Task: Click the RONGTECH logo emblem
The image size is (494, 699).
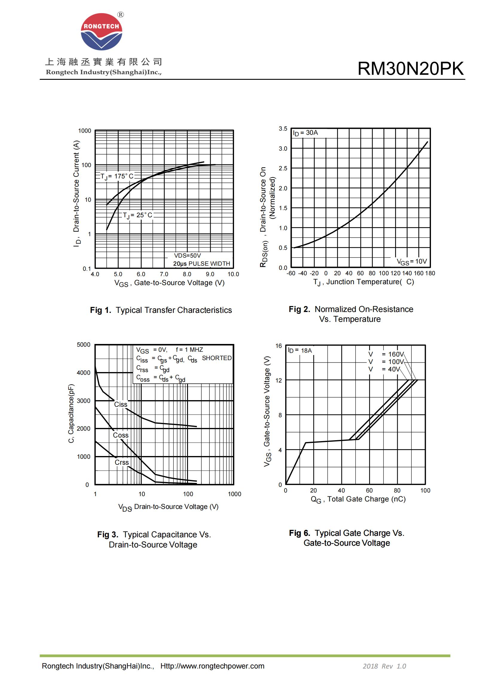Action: coord(101,32)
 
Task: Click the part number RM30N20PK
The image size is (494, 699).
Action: coord(410,68)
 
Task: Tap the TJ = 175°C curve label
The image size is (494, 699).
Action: coord(117,177)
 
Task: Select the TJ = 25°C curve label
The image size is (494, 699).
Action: coord(137,215)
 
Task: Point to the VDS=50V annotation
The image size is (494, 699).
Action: coord(187,256)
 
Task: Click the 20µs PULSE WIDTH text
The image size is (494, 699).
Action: coord(201,264)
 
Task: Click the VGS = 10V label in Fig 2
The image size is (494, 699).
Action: coord(412,261)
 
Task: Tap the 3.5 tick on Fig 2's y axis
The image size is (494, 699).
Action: coord(283,129)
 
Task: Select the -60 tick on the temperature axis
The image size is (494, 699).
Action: coord(291,273)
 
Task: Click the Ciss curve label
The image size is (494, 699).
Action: coord(120,405)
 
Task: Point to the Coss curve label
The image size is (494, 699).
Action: coord(120,435)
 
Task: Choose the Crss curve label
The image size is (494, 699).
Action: coord(121,462)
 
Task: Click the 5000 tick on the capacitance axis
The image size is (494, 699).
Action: coord(83,345)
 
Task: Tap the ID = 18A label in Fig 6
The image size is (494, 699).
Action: coord(300,351)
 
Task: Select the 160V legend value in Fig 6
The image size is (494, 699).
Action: coord(396,354)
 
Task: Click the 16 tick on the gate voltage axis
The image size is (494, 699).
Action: coord(279,346)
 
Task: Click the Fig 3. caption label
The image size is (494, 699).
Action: coord(108,535)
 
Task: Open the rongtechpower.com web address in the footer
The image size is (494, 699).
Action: coord(212,666)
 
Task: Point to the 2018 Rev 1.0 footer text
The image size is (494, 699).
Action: coord(384,666)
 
